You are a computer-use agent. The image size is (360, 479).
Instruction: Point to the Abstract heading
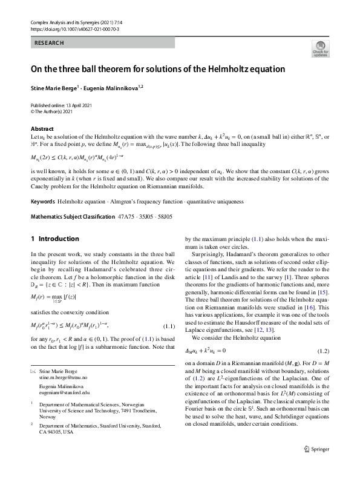[42, 129]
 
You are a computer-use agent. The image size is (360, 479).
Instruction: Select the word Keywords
[43, 200]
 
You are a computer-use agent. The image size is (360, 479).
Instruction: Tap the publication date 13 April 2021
[77, 105]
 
